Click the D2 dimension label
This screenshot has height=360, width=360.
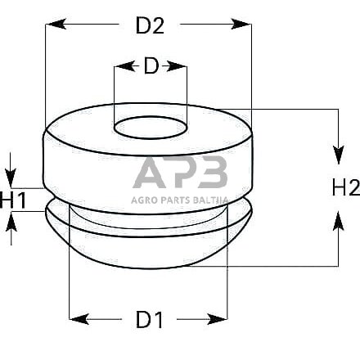(150, 26)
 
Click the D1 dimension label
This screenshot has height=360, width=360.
(149, 320)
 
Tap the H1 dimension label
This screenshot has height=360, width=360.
(13, 200)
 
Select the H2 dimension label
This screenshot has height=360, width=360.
(346, 187)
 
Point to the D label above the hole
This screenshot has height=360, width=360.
(151, 66)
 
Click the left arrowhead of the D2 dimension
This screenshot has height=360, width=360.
(56, 24)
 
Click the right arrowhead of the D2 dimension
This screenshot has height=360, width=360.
(241, 24)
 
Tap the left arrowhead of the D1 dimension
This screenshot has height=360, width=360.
(79, 319)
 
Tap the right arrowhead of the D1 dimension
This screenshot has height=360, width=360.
(218, 319)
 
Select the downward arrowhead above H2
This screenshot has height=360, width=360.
(339, 155)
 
